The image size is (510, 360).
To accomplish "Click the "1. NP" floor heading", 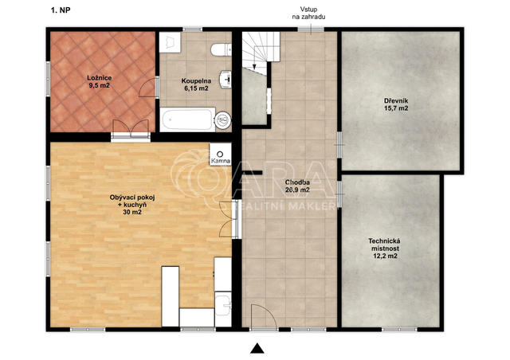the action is [61, 10].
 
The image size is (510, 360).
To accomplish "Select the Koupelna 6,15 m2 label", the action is [196, 84].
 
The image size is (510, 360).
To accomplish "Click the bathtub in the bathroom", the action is [187, 119].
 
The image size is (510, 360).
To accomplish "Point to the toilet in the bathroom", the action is [222, 49].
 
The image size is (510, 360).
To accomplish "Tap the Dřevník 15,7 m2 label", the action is [396, 104].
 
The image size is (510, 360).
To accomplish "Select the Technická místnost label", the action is [384, 248].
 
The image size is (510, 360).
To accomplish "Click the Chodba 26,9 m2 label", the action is [297, 186].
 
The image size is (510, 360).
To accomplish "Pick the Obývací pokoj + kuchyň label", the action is [132, 205].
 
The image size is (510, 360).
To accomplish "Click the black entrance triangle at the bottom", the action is [257, 348].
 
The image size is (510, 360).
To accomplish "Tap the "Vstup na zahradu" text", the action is [308, 13].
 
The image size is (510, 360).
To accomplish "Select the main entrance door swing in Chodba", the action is [264, 316].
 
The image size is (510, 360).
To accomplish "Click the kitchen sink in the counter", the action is [223, 303].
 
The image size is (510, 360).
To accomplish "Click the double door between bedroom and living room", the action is [131, 130].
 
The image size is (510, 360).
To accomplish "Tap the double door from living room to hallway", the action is [229, 220].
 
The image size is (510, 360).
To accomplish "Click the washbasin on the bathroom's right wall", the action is [226, 79].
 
